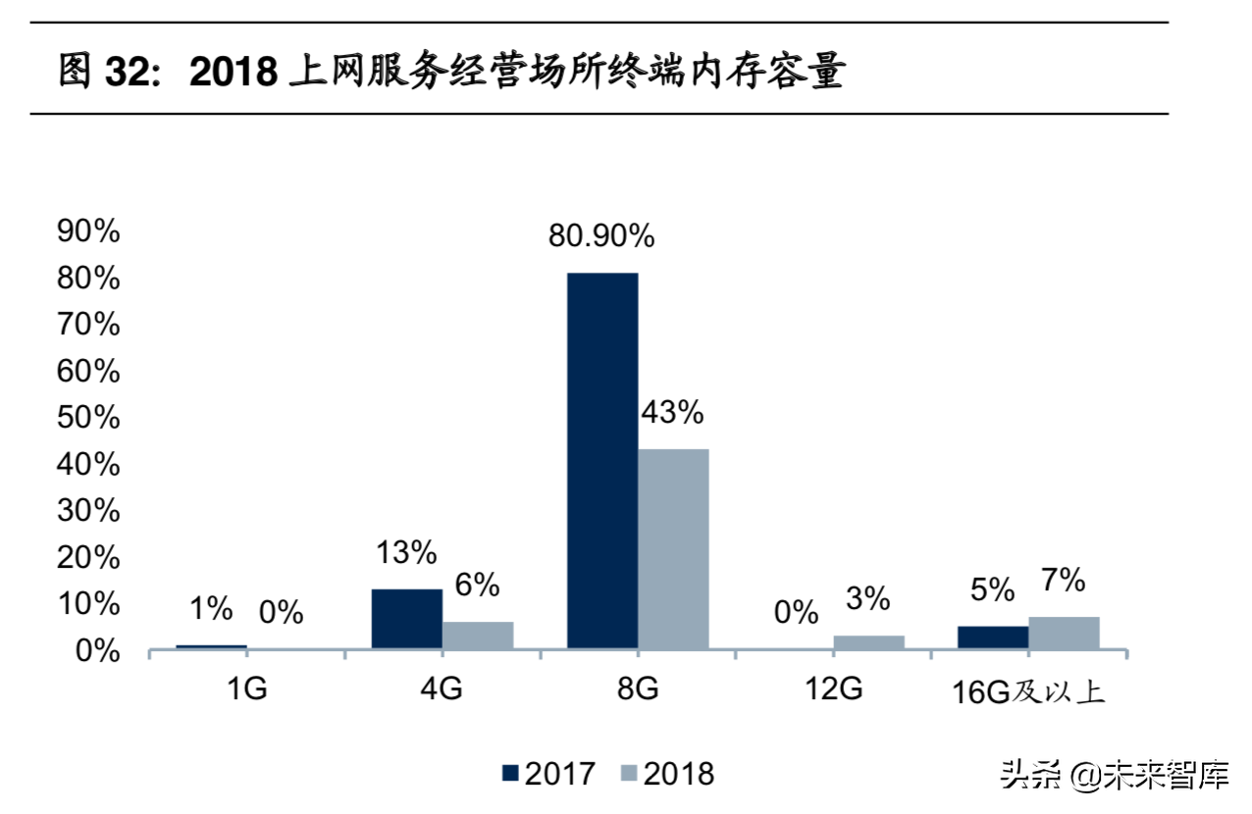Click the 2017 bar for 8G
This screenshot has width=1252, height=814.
(x=602, y=461)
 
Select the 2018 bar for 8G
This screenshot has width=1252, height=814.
(x=673, y=549)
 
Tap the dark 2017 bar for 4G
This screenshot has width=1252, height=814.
(x=406, y=619)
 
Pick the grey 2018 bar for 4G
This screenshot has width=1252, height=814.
(x=478, y=636)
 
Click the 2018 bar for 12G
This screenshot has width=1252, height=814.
(x=868, y=642)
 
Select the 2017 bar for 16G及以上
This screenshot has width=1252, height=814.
(x=992, y=637)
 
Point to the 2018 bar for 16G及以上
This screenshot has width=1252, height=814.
(x=1064, y=633)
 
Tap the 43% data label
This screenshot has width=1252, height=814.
(x=672, y=413)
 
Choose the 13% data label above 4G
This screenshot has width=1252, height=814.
(x=406, y=553)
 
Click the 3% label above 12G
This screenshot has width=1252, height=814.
(x=867, y=598)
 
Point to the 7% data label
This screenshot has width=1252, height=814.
(x=1064, y=581)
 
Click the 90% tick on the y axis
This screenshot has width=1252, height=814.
(x=89, y=232)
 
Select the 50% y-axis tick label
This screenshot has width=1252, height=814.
(x=89, y=419)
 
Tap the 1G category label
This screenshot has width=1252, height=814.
(x=245, y=689)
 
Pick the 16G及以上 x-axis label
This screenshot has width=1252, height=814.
(x=1028, y=691)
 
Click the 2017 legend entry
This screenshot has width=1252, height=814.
(x=548, y=774)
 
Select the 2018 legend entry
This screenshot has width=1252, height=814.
(x=668, y=774)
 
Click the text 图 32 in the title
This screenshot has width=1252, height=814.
(x=103, y=74)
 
